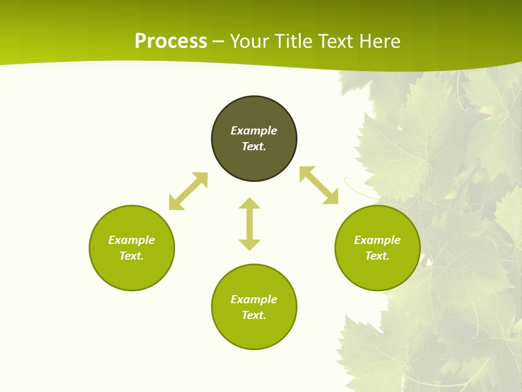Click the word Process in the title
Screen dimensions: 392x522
point(171,41)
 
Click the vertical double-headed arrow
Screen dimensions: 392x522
point(250,224)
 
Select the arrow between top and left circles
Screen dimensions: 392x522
point(188,191)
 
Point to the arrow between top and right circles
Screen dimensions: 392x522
point(319,185)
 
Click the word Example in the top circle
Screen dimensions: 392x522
point(254,131)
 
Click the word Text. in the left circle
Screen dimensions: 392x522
point(132,256)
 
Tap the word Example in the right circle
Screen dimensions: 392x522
point(377,240)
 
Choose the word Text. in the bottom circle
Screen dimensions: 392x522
point(254,315)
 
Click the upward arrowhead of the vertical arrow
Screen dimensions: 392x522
point(250,203)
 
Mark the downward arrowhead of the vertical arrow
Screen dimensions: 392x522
point(250,244)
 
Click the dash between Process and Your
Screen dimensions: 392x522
point(218,41)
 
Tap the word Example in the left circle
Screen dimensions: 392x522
point(132,240)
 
